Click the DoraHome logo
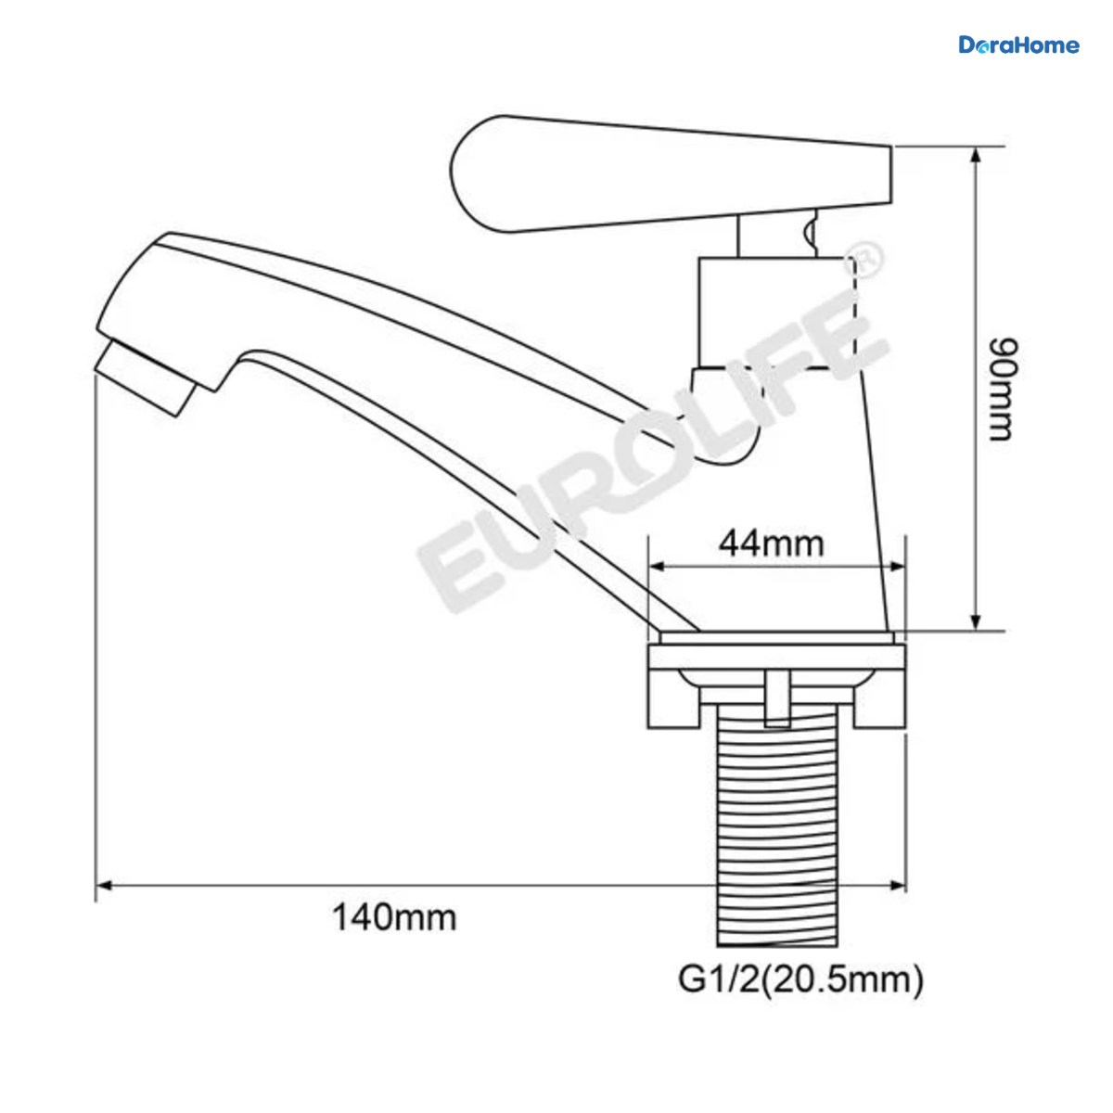pos(1018,45)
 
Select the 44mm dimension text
pos(771,544)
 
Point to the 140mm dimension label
pos(394,918)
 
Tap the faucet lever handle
pos(670,173)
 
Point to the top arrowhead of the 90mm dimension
pos(976,155)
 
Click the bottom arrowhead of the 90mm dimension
pos(976,621)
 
